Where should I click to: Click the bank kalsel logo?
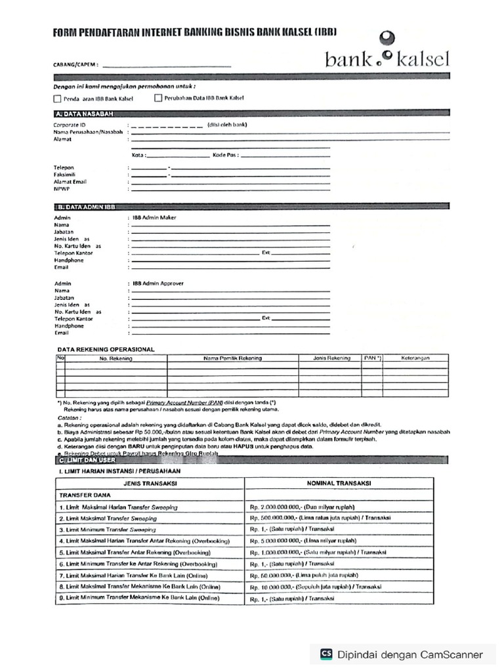[x=387, y=52]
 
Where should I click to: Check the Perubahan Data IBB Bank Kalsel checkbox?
[x=158, y=98]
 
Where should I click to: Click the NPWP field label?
[x=62, y=188]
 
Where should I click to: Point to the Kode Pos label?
[x=224, y=155]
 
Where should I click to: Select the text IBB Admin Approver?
[x=158, y=283]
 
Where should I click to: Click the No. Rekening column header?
[x=115, y=358]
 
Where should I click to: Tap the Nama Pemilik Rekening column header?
[x=232, y=358]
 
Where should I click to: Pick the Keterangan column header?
[x=415, y=358]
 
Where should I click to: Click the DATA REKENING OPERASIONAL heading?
[x=106, y=349]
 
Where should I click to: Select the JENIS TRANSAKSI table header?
[x=150, y=483]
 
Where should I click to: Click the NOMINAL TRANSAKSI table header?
[x=339, y=483]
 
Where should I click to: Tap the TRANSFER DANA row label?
[x=85, y=495]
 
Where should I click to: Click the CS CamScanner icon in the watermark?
[x=326, y=654]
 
